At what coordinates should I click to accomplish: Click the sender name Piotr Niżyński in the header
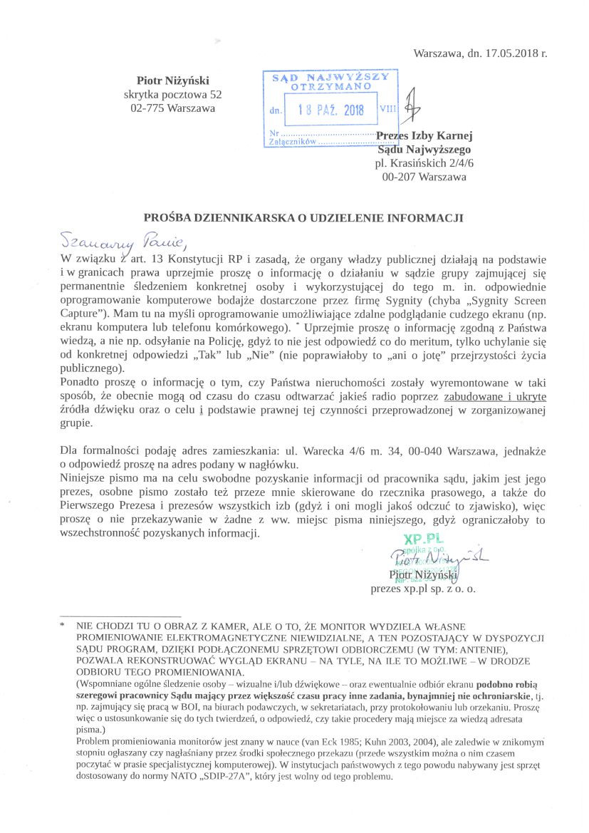coord(173,81)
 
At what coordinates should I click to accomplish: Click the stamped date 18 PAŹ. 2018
coord(330,110)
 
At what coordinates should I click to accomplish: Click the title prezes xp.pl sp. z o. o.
coord(423,589)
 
